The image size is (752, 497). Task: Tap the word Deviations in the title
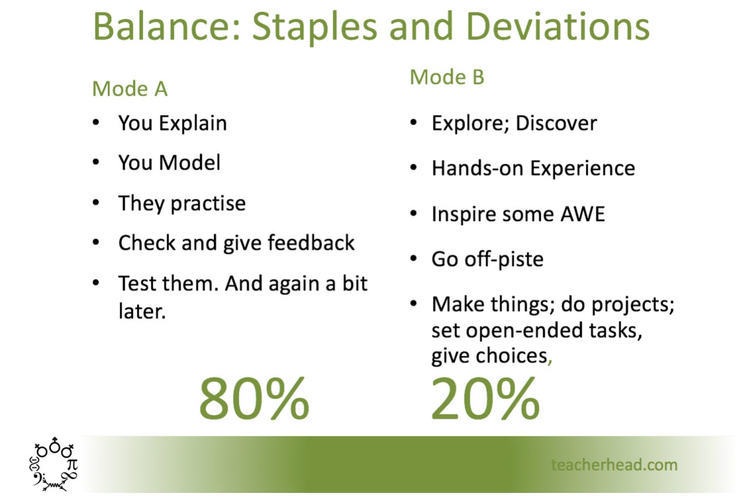coord(558,26)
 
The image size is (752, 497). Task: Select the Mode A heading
coord(129,89)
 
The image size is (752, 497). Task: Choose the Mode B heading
coord(447,77)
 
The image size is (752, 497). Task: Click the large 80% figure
coord(254,398)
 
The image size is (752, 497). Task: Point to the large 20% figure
coord(486,398)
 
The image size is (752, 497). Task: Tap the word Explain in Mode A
coord(193,123)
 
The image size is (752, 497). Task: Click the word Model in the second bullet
coord(190,163)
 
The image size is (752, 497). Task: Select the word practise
coord(208,203)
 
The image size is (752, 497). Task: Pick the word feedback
coord(311,243)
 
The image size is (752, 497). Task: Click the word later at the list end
coord(142,311)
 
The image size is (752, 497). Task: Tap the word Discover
coord(556,123)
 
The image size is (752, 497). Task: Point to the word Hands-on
coord(477,168)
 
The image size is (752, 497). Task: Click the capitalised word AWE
coord(583,214)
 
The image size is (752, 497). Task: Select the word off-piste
coord(504,260)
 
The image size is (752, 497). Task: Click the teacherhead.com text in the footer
coord(614,465)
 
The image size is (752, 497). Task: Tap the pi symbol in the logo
coord(73,464)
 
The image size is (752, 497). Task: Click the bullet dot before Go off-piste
coord(413,258)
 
